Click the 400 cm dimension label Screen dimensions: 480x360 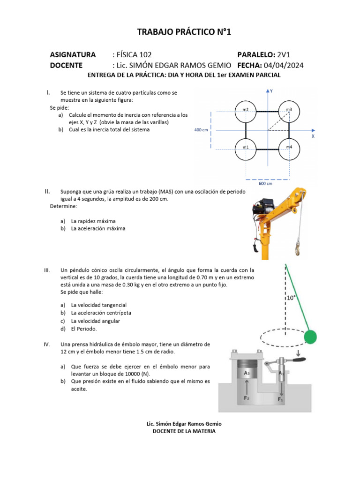tap(201, 130)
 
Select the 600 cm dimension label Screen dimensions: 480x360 tap(266, 183)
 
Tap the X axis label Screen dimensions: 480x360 tap(313, 136)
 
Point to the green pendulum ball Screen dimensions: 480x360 tap(310, 337)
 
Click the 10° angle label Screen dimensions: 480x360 tap(291, 297)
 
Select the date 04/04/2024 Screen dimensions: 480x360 tap(284, 66)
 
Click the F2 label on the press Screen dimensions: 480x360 tap(246, 397)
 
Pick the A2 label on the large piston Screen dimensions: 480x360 tap(246, 373)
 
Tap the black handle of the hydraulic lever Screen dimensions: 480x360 tap(297, 360)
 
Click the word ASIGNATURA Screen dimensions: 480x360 tap(73, 55)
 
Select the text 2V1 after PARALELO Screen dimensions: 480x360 tap(285, 55)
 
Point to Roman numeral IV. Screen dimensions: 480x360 tap(47, 345)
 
